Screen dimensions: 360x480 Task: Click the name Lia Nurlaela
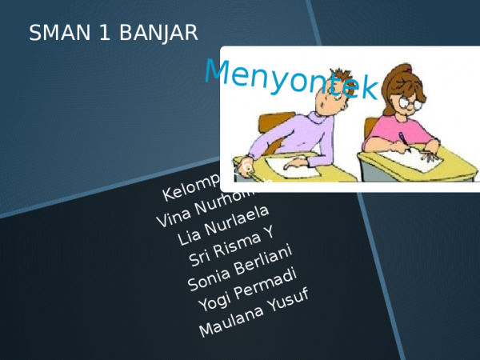223,225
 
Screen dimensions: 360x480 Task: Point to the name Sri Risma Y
231,246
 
